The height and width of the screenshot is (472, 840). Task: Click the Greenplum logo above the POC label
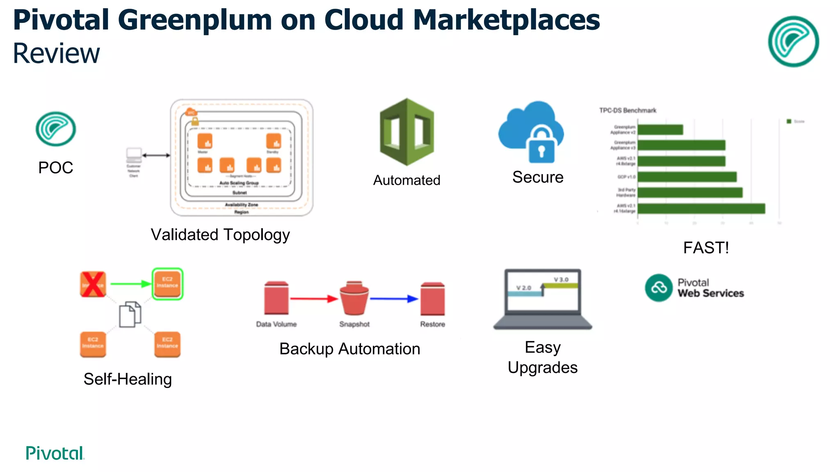click(x=55, y=129)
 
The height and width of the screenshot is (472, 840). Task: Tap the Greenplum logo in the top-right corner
click(x=793, y=41)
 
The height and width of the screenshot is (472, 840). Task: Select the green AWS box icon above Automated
click(x=406, y=132)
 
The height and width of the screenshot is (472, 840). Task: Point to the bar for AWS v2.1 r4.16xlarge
click(x=701, y=209)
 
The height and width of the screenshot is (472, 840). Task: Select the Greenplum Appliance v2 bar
click(x=660, y=130)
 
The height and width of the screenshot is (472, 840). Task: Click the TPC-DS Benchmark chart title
click(x=627, y=110)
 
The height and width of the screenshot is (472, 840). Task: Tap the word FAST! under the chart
click(x=705, y=247)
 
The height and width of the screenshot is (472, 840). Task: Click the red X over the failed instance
click(x=93, y=284)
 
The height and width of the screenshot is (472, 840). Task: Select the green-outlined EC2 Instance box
click(x=167, y=284)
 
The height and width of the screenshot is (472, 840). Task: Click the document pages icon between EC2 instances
click(x=130, y=314)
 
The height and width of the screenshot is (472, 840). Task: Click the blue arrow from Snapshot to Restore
click(x=394, y=299)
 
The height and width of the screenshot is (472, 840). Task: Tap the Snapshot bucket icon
click(x=354, y=298)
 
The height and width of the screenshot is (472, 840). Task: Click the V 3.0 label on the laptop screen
click(x=561, y=279)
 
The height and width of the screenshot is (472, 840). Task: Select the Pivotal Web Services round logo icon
click(x=658, y=288)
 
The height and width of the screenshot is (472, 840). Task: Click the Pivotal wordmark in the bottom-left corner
click(x=55, y=453)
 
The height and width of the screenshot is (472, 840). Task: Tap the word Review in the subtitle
click(x=56, y=54)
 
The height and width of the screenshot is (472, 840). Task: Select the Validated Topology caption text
click(x=220, y=235)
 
